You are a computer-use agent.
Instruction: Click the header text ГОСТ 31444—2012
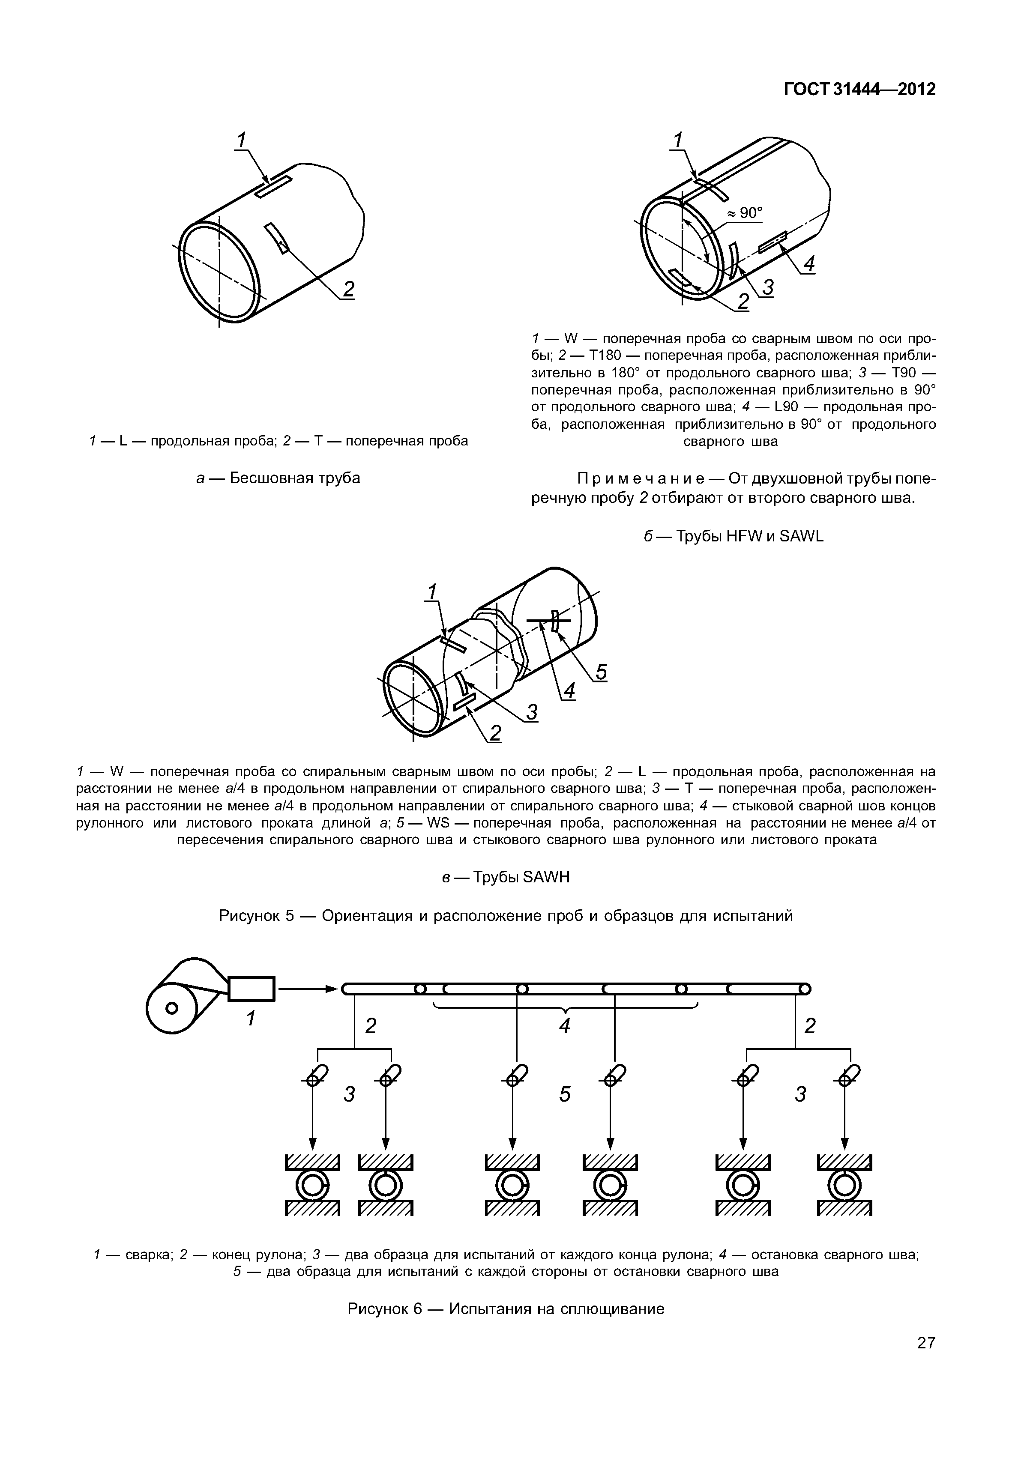coord(859,90)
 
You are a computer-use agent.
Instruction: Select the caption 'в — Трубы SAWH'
coord(506,877)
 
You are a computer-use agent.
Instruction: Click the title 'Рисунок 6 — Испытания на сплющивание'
coord(506,1309)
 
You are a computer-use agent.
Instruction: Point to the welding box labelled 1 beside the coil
coord(251,989)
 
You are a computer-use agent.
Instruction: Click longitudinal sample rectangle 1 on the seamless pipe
coord(273,188)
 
